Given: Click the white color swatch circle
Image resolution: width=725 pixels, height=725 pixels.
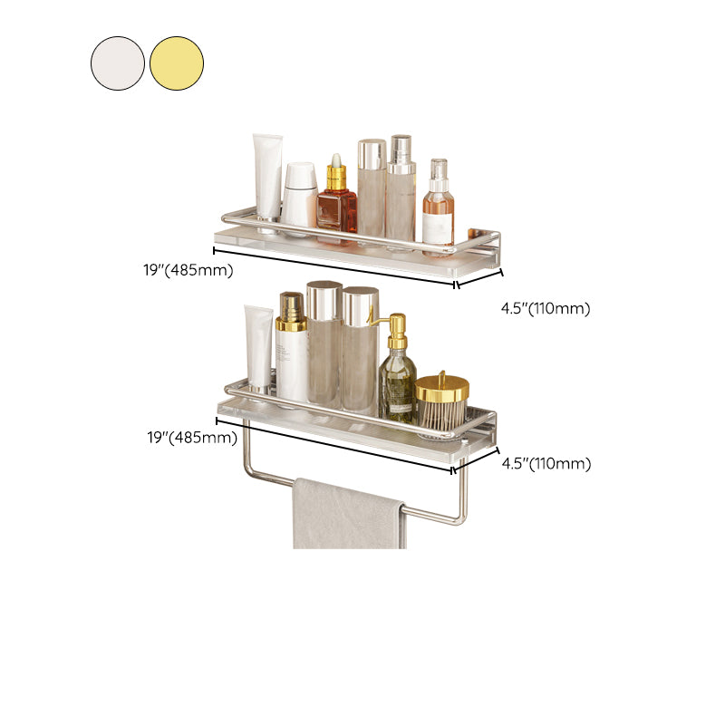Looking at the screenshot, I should click(x=118, y=63).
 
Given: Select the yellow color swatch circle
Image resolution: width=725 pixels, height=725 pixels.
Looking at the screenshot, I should click(x=177, y=63).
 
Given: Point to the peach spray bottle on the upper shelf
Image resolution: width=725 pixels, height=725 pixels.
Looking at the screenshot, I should click(x=438, y=213).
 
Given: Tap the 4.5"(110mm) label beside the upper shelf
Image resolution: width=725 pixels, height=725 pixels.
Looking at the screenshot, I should click(x=546, y=308).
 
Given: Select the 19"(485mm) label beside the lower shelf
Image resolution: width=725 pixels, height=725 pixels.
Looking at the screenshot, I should click(x=191, y=438).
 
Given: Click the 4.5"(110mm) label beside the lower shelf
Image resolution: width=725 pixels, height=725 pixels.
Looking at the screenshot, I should click(x=546, y=464).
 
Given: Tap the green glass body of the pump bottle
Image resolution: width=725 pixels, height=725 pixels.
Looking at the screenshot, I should click(x=397, y=385).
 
